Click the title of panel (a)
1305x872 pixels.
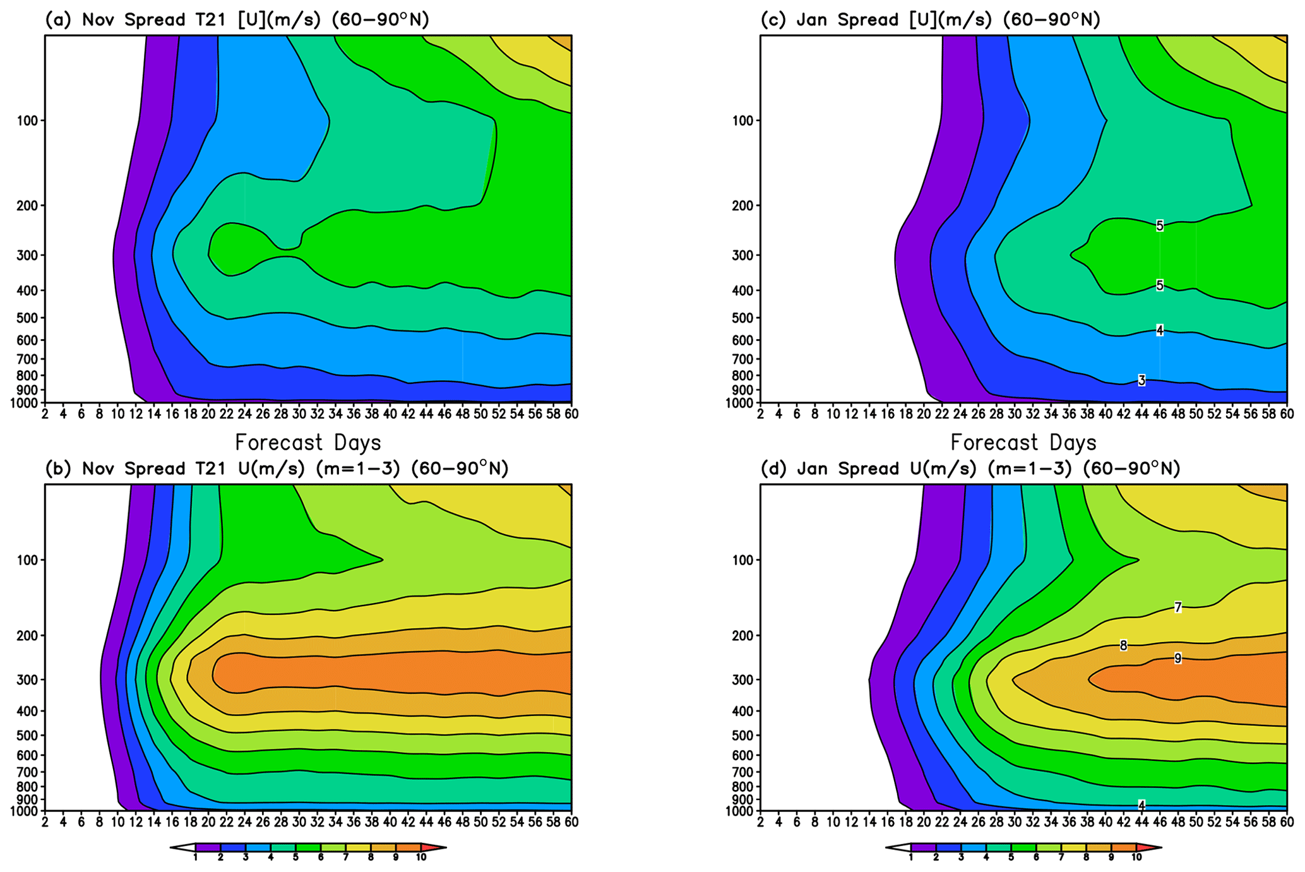(x=237, y=20)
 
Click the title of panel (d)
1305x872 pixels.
(x=970, y=469)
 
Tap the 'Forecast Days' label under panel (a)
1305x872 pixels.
(x=307, y=442)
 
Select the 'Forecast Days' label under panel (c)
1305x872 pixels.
(x=1023, y=442)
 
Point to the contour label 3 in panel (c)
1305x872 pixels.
(x=1141, y=381)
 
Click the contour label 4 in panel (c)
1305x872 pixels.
(x=1160, y=330)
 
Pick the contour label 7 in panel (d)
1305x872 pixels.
(x=1177, y=607)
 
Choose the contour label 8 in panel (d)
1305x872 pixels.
(x=1123, y=645)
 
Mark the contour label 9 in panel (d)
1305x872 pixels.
(x=1177, y=659)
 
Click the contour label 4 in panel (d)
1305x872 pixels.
(x=1141, y=805)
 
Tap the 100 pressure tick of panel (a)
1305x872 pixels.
(x=27, y=121)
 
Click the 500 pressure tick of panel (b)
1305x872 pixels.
(x=27, y=736)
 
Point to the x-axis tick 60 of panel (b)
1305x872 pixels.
(x=571, y=822)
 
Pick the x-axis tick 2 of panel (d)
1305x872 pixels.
(x=760, y=822)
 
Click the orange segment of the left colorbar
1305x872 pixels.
(x=408, y=847)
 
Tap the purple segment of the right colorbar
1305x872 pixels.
(x=923, y=847)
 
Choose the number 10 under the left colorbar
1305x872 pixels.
(x=420, y=857)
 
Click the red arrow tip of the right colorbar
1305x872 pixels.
(x=1155, y=847)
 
